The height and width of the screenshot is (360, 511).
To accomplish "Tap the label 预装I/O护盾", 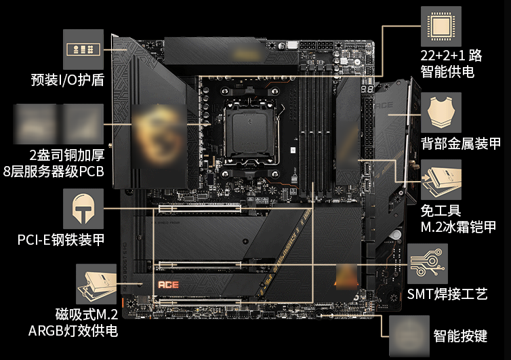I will (x=67, y=80).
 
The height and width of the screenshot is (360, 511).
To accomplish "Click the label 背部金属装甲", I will (x=460, y=144).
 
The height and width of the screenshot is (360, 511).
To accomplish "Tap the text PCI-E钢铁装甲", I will (x=61, y=239).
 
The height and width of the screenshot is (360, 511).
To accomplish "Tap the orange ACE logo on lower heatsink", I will (x=167, y=285).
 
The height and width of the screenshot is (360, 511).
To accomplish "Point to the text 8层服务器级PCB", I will (x=54, y=171).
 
